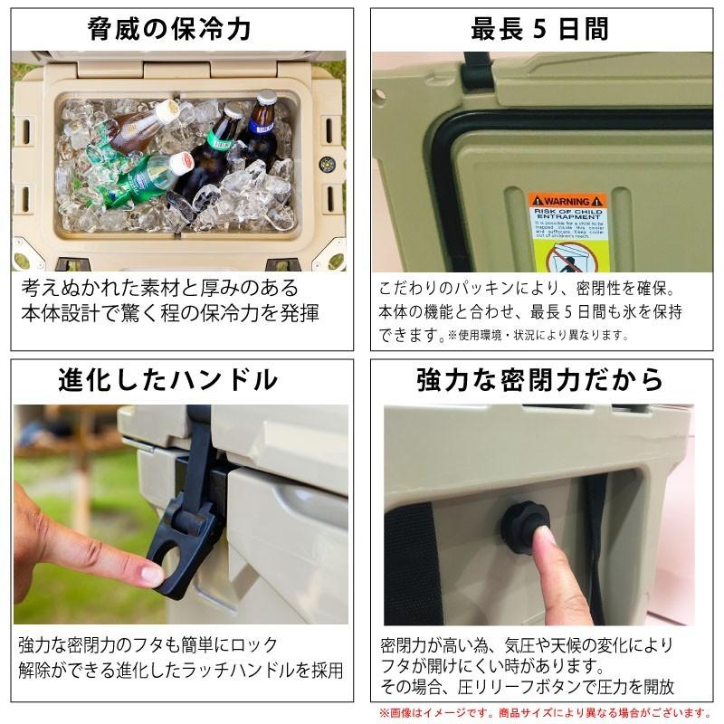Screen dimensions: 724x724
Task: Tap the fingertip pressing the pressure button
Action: (546, 538)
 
